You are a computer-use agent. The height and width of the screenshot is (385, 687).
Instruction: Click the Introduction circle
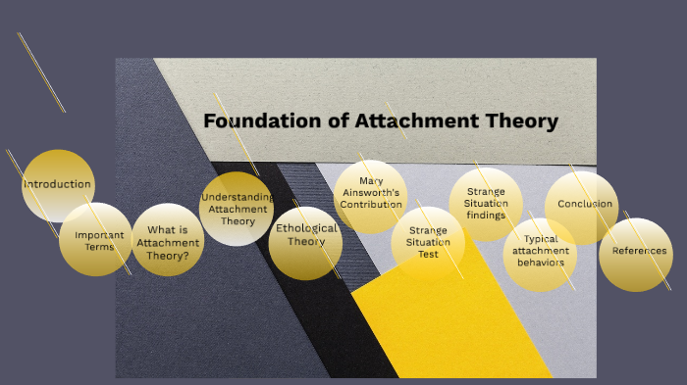click(58, 184)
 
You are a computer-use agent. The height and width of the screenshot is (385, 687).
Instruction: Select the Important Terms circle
click(95, 239)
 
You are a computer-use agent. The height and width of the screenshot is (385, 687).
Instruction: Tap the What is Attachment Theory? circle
click(168, 240)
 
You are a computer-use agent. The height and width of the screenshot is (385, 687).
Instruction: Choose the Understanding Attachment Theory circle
click(237, 209)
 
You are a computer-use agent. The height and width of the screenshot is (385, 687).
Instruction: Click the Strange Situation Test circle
click(428, 241)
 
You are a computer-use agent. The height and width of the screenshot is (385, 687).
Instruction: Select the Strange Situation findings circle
click(486, 204)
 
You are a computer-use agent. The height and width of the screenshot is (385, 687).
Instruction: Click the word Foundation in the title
click(249, 121)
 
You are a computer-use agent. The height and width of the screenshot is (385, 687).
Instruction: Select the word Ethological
click(306, 228)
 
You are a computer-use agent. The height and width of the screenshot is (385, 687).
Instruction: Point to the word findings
click(487, 216)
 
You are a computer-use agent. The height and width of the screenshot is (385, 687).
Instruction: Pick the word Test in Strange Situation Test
click(428, 254)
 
